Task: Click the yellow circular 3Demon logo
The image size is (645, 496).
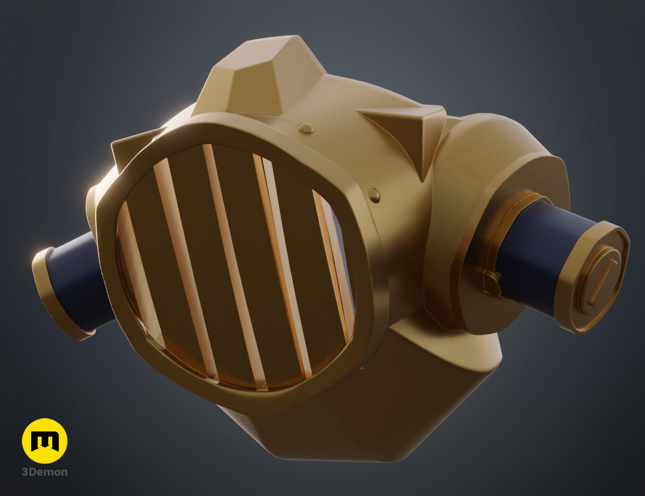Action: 45,441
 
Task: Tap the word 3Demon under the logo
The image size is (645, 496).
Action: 45,472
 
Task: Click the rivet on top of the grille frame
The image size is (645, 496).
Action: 307,129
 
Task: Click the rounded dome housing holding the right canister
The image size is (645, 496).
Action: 496,164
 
